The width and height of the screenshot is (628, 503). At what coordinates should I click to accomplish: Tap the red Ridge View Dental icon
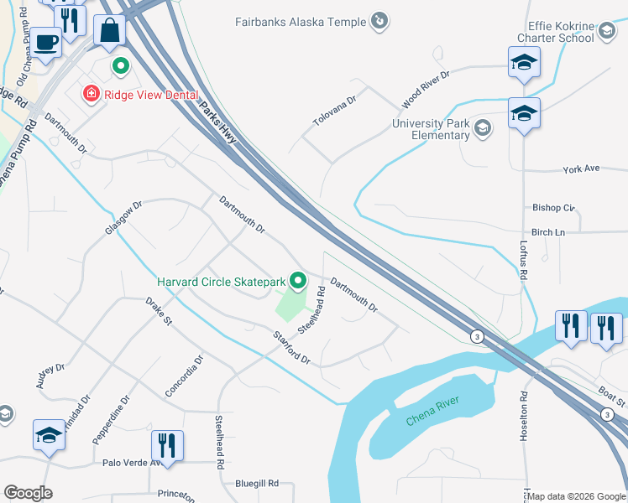(x=90, y=94)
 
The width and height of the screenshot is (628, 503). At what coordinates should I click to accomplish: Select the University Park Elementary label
(x=430, y=130)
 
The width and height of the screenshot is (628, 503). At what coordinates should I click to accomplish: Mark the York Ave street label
(x=581, y=169)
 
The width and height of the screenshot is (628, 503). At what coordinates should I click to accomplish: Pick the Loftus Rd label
(x=524, y=260)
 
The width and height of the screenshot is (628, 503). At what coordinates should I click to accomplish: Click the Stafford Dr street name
(x=291, y=347)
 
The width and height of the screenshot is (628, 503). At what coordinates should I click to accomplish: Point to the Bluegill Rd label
(x=256, y=484)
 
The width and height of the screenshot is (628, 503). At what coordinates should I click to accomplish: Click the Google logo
(x=28, y=493)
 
